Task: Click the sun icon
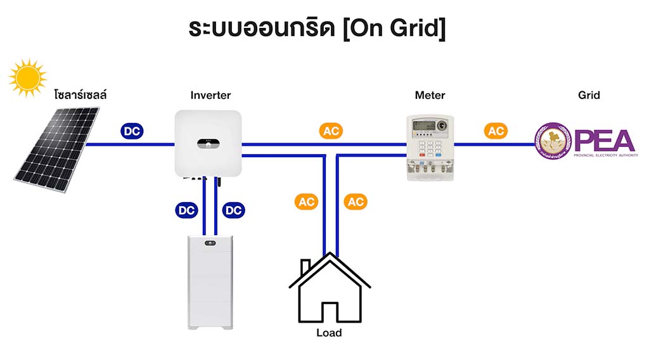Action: (x=28, y=77)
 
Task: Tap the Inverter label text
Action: (x=210, y=96)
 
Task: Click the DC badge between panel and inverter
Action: (x=132, y=131)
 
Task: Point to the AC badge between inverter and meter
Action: (x=331, y=131)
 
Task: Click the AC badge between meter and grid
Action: (x=496, y=131)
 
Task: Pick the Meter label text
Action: (x=430, y=96)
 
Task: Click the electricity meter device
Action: (x=430, y=148)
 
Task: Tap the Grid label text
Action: (x=589, y=96)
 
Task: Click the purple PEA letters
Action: (x=605, y=139)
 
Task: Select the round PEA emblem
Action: (x=553, y=141)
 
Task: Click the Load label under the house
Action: (x=329, y=333)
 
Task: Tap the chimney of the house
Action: (x=305, y=266)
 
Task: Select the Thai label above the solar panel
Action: (x=80, y=96)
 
